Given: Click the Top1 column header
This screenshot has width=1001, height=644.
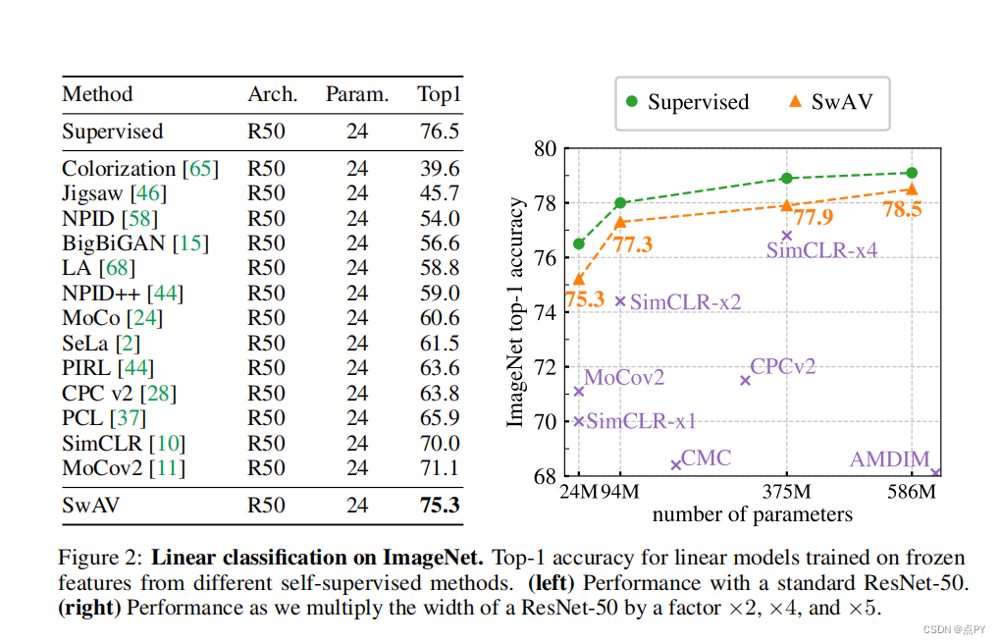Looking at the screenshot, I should [x=439, y=95].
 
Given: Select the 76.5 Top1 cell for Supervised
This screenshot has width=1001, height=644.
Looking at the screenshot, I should [x=439, y=132].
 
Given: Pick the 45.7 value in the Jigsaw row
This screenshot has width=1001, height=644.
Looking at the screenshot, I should [x=439, y=193].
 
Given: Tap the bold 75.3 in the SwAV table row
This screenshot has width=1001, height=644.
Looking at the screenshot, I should [x=439, y=505].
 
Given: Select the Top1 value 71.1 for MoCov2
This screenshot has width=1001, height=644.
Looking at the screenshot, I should [x=439, y=468].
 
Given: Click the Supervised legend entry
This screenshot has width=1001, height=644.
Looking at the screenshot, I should [x=687, y=102].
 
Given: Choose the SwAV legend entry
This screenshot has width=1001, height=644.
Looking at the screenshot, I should [x=830, y=102].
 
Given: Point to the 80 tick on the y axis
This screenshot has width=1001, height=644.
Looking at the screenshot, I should [x=545, y=149].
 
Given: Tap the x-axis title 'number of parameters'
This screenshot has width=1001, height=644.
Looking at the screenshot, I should [x=752, y=513].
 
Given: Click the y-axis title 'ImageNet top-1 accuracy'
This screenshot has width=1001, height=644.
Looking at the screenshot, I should [x=515, y=312].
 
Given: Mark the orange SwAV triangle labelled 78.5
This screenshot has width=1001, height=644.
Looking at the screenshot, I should [x=912, y=189].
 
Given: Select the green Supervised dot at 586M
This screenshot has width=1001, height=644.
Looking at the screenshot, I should [x=912, y=173].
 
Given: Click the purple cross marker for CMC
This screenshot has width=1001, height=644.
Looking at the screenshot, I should [x=675, y=464].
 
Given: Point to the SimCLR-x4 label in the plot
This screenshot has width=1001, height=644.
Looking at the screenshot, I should [x=821, y=250].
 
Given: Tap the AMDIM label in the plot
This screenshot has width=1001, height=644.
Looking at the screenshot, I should [x=888, y=459].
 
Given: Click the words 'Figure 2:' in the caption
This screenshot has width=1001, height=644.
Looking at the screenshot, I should [x=101, y=559].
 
